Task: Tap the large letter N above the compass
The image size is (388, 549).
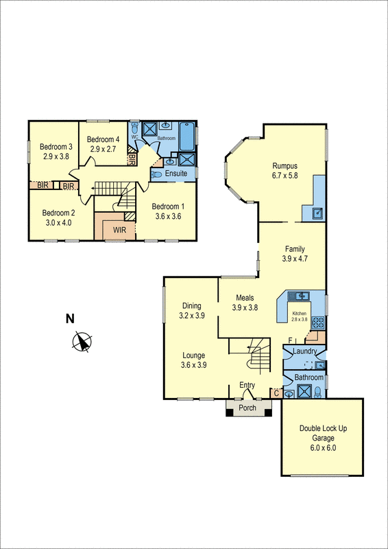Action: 69,318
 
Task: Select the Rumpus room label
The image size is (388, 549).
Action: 284,165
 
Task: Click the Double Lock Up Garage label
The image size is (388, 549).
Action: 323,428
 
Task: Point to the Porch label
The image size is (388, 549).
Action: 247,408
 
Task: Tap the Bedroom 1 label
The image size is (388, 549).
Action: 168,207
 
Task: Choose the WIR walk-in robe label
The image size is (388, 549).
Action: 120,230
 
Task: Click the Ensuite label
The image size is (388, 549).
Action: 175,174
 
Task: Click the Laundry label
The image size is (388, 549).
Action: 304,352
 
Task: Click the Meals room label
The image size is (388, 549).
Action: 245,298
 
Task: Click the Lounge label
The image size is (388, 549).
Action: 193,355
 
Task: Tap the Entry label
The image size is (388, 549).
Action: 247,385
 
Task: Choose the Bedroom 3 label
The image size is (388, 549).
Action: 56,147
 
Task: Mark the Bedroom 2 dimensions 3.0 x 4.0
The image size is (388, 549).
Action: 58,222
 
